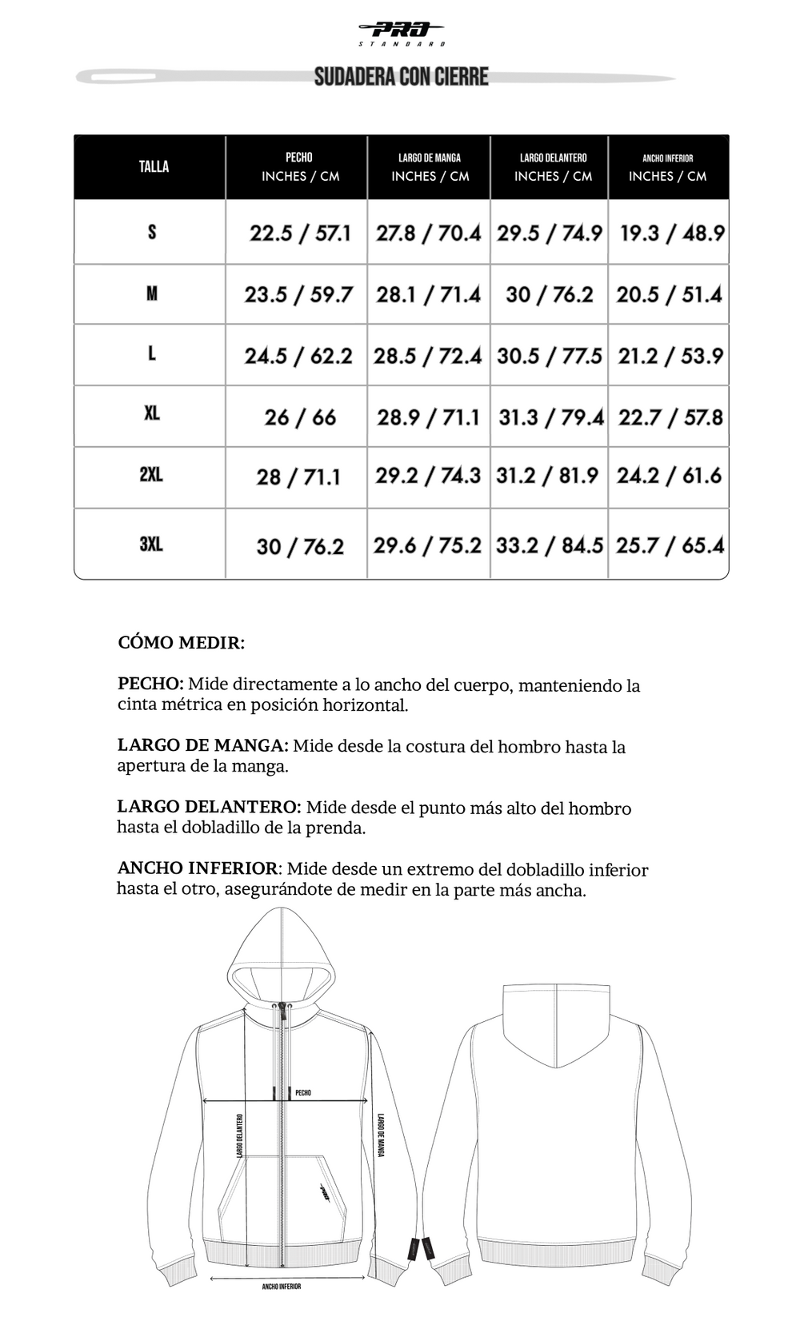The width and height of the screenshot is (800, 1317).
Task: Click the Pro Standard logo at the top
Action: click(x=401, y=33)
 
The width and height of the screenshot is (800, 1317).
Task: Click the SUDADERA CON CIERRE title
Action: click(x=401, y=77)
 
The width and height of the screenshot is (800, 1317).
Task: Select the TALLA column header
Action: click(x=154, y=166)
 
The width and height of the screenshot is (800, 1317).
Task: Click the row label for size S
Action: click(x=152, y=232)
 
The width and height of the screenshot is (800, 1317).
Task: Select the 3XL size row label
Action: click(x=151, y=544)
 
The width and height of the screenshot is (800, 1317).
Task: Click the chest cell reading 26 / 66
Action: click(x=300, y=417)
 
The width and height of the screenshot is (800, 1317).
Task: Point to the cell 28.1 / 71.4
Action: click(x=428, y=294)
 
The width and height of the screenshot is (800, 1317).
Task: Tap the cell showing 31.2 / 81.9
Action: click(x=547, y=476)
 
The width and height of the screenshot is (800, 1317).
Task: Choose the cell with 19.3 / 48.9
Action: click(x=671, y=233)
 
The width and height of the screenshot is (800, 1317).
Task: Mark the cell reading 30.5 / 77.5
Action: click(x=549, y=356)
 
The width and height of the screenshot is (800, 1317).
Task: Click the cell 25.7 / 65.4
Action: click(x=670, y=545)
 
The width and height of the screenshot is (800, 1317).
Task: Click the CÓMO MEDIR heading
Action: click(x=181, y=643)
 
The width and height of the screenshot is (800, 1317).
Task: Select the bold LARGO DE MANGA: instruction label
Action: click(x=202, y=745)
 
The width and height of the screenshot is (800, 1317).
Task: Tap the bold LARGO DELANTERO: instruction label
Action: click(x=209, y=807)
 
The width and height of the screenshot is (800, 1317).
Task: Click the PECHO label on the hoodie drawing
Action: click(x=303, y=1092)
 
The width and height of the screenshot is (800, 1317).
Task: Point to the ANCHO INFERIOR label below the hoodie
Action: click(x=282, y=1287)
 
